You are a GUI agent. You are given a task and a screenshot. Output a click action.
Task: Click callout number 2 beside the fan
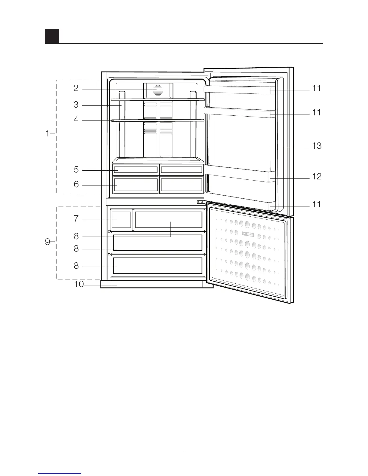(x=76, y=88)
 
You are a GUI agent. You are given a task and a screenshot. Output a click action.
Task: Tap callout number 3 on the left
(x=76, y=105)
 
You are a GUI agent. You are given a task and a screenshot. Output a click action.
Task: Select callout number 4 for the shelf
(x=76, y=120)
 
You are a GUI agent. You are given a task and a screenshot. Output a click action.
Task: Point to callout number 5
(x=76, y=170)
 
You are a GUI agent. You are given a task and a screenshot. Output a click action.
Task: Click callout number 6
(x=76, y=184)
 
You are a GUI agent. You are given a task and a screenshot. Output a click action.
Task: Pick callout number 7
(x=76, y=219)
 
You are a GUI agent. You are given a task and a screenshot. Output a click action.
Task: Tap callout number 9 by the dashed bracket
(x=48, y=242)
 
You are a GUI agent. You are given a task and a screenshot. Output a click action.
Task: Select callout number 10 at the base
(x=79, y=284)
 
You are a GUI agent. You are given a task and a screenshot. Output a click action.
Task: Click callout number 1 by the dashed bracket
(x=47, y=133)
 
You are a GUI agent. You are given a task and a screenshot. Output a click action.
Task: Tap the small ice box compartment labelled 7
(x=121, y=219)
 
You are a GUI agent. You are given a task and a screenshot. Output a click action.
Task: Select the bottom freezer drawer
(x=158, y=266)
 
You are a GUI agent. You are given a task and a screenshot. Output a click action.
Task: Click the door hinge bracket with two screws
(x=200, y=203)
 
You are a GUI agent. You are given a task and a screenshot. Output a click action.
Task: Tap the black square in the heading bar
(x=52, y=36)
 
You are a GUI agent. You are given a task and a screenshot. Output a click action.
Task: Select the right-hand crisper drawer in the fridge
(x=181, y=185)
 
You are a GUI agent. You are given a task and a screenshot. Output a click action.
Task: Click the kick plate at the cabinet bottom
(x=156, y=284)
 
